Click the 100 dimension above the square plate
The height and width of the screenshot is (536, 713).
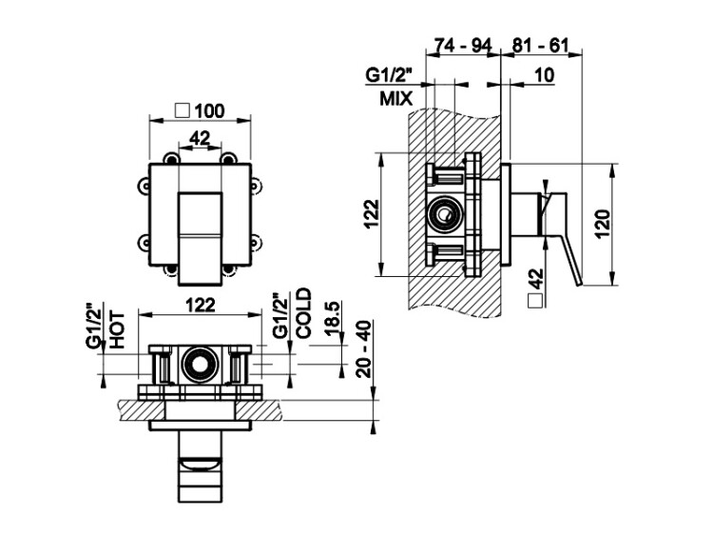pos(210,110)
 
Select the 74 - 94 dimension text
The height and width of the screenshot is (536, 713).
pos(463,46)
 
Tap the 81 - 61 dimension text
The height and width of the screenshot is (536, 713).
pos(541,46)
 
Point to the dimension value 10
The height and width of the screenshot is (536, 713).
pos(544,74)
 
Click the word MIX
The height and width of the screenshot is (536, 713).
pos(396,98)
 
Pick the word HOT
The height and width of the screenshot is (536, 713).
pos(117,329)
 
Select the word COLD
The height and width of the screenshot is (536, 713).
pos(304,313)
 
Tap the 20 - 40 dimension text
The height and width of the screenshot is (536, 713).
pos(364,349)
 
